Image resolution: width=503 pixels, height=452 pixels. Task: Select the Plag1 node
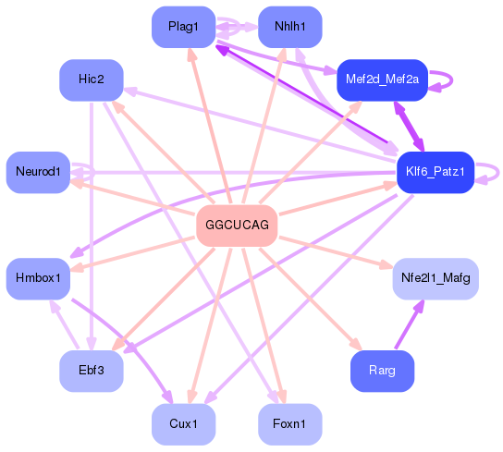[x=183, y=27]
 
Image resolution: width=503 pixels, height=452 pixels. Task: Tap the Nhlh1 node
[x=290, y=27]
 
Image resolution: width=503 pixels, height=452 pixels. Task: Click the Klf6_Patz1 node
[x=435, y=173]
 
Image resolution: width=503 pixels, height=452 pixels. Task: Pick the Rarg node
[x=382, y=371]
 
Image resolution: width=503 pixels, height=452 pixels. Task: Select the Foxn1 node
[x=290, y=424]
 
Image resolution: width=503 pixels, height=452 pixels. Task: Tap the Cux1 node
[x=183, y=424]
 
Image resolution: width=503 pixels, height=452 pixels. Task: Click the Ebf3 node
[x=92, y=371]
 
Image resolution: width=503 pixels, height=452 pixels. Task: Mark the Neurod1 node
[x=38, y=173]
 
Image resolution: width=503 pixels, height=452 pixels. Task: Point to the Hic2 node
[x=92, y=79]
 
